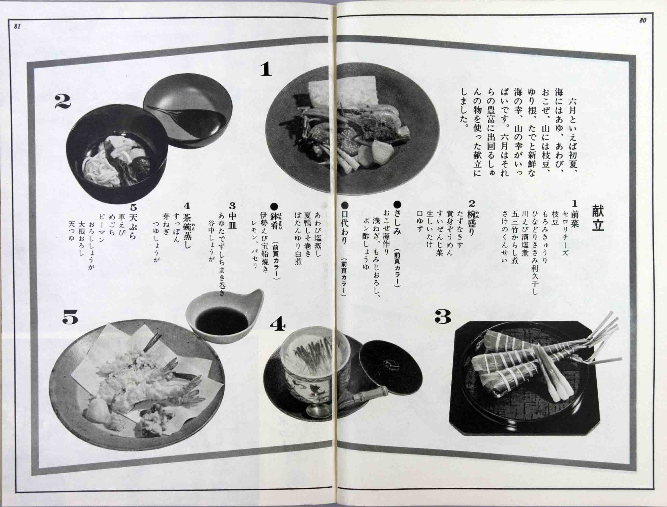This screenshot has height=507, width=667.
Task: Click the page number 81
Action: (x=17, y=26)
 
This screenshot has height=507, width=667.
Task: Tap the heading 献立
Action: (x=598, y=218)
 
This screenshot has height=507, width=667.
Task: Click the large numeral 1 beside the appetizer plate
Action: (x=266, y=70)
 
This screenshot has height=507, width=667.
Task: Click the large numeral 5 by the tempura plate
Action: (x=70, y=317)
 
